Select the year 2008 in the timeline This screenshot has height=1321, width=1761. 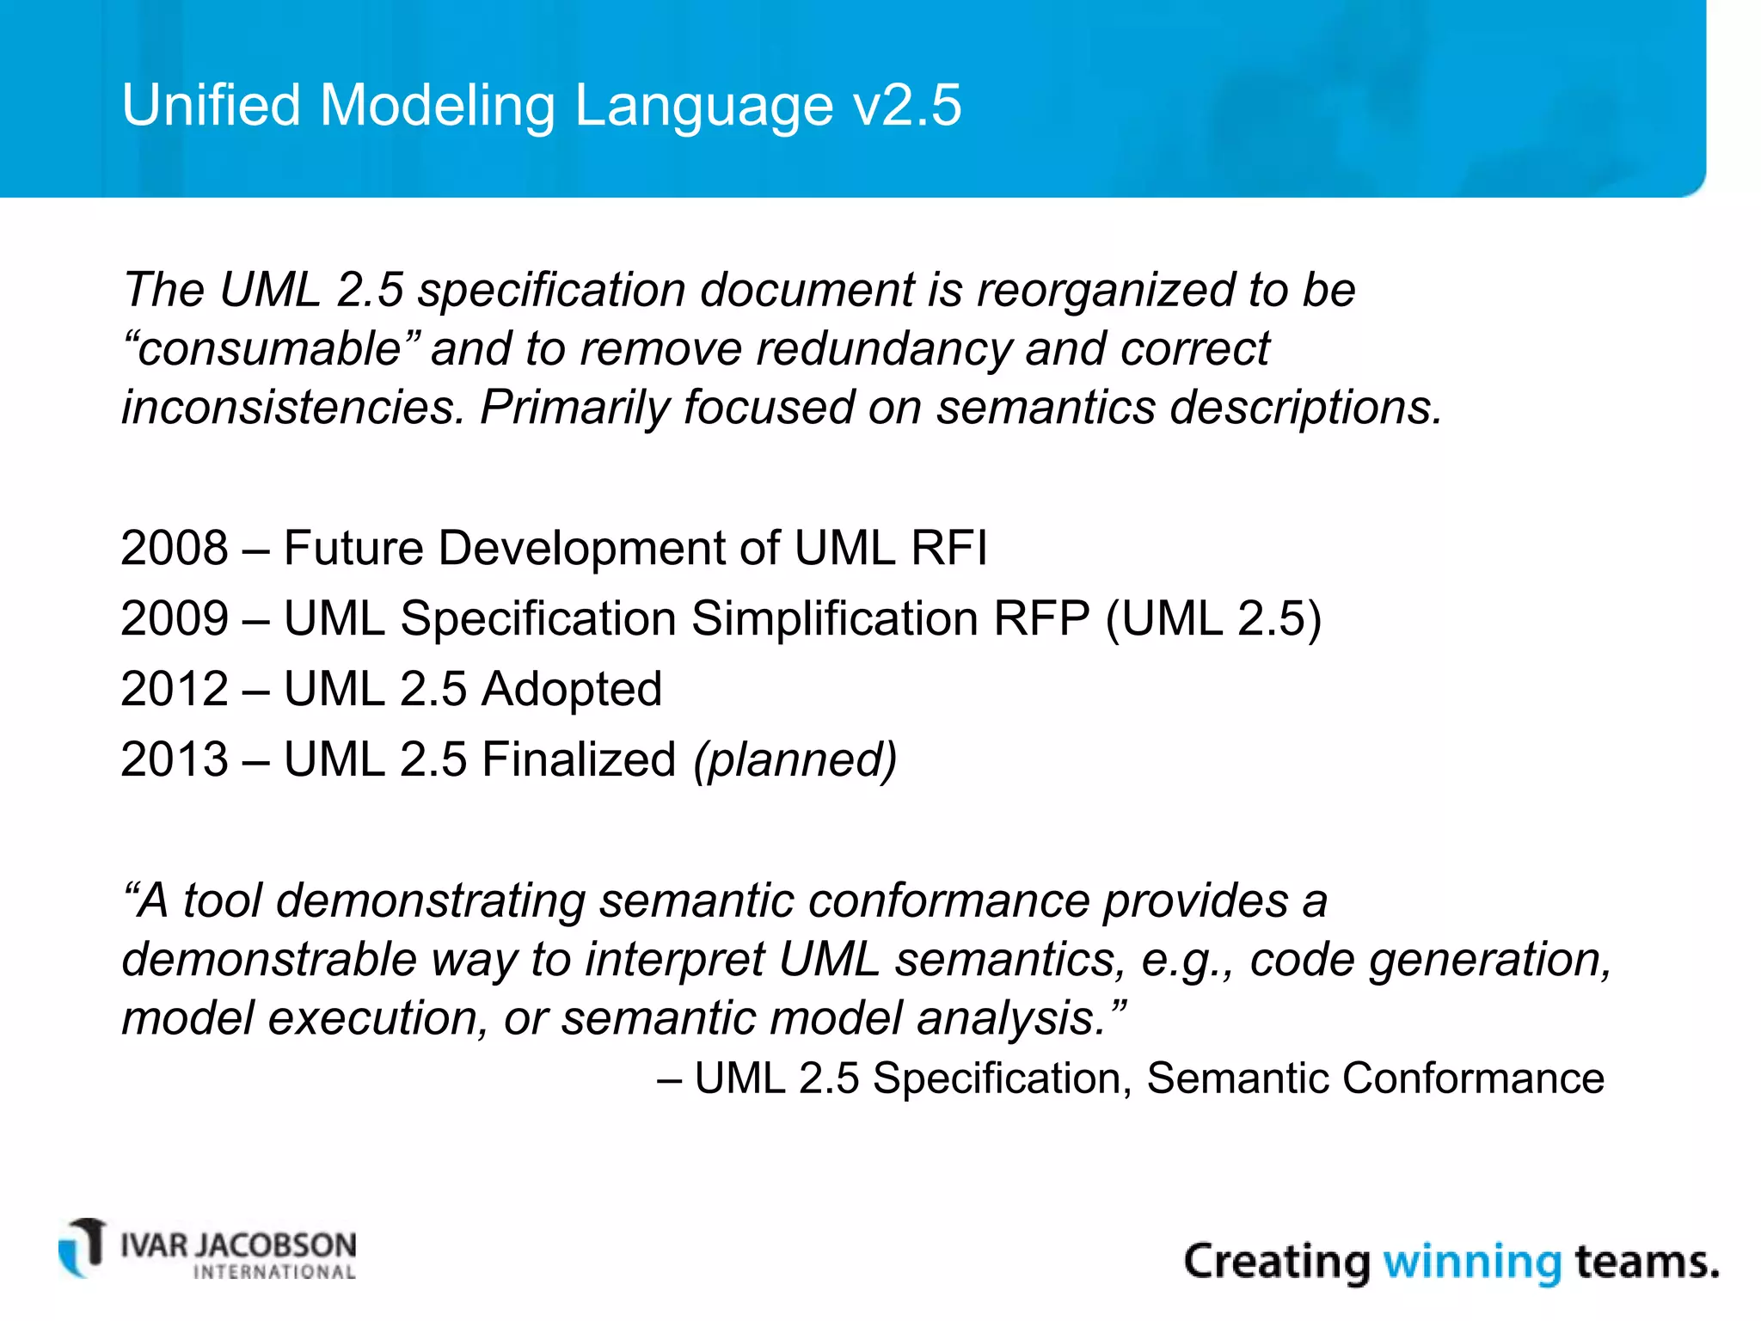coord(175,548)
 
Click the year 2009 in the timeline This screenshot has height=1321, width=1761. coord(175,618)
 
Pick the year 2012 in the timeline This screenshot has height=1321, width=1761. coord(175,689)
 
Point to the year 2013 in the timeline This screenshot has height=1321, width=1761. coord(175,759)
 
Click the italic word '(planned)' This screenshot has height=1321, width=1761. coord(795,759)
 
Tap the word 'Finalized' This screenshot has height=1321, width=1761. coord(578,759)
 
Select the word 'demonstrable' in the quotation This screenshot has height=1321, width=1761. coord(268,960)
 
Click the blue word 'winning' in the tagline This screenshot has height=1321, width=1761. coord(1471,1262)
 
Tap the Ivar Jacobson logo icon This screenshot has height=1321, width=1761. coord(83,1248)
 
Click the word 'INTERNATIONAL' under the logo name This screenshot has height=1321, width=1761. coord(274,1272)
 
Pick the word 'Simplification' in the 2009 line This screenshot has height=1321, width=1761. coord(834,618)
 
